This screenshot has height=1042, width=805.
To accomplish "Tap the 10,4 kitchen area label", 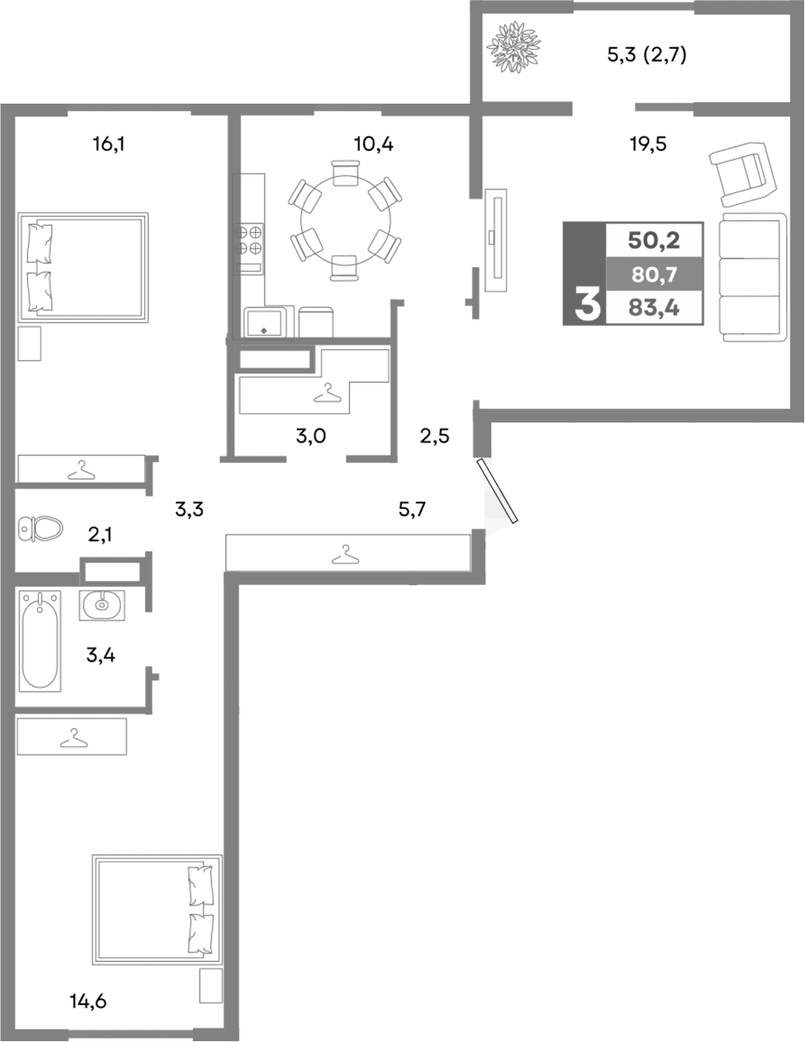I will click(373, 144).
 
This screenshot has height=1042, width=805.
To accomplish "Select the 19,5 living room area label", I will click(647, 144).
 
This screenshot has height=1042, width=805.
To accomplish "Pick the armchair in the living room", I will click(742, 174).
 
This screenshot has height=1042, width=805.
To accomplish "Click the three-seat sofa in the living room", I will click(752, 277).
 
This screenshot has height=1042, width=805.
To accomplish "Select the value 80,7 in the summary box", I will click(653, 274).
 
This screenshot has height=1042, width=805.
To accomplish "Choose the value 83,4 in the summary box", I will click(653, 308).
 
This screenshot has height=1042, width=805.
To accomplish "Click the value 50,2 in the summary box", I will click(653, 240).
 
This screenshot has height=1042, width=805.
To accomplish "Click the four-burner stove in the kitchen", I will click(251, 239).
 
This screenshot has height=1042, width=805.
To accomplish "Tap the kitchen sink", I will click(266, 321).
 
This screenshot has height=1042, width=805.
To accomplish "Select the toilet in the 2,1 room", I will click(40, 529).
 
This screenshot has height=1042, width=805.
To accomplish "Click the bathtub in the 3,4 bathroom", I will click(41, 641).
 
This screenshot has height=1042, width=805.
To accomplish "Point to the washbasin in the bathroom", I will click(102, 604).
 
